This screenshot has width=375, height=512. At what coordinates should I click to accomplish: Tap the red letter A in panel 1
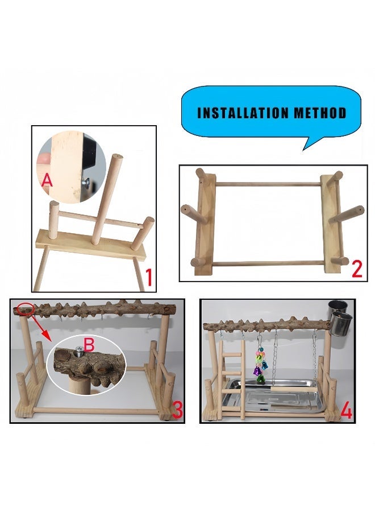48,180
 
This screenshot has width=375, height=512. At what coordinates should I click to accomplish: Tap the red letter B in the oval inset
89,345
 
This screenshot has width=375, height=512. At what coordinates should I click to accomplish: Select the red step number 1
148,278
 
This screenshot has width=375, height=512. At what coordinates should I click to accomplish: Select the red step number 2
356,268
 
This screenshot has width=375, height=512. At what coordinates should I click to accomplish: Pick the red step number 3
177,410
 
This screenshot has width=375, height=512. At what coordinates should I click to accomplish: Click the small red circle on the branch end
25,309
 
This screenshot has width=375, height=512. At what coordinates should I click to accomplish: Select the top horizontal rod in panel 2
266,183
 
